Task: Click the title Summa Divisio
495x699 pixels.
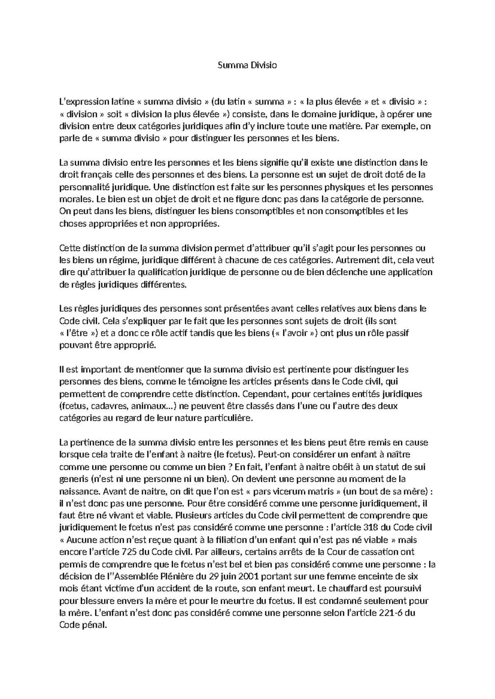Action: pos(247,65)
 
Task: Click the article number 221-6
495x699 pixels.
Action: pos(391,612)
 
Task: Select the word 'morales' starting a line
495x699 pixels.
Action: pos(73,199)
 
